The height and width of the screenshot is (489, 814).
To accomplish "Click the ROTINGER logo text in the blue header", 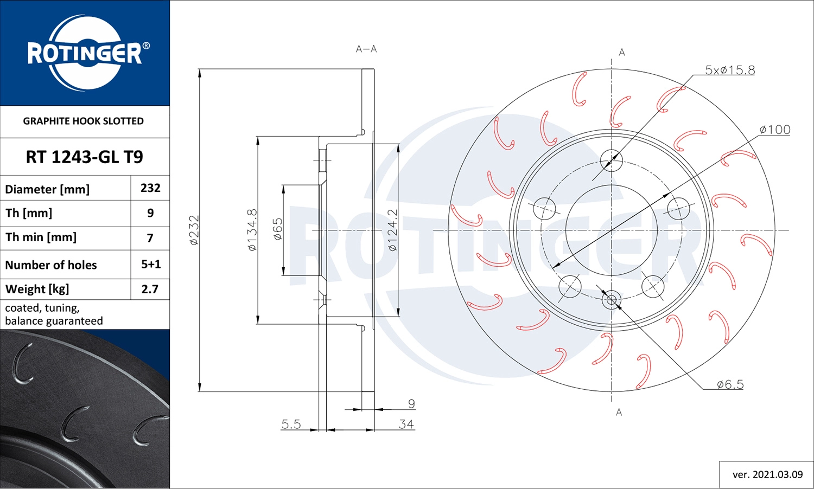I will (85, 54).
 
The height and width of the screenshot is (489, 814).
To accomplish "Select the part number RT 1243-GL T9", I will (85, 157).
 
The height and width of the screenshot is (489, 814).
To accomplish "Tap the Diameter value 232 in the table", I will (150, 188).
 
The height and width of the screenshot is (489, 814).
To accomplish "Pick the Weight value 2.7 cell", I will (150, 289).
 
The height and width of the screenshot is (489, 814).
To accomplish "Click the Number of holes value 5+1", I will (151, 265).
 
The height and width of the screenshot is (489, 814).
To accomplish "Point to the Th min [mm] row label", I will (41, 237).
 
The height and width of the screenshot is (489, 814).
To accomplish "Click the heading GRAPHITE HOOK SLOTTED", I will (84, 121).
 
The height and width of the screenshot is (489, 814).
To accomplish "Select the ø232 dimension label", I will (194, 230).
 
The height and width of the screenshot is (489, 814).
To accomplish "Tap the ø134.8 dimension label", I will (252, 230).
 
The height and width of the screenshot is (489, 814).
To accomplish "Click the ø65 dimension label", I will (277, 229).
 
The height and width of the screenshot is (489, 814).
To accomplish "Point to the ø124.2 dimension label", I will (392, 230).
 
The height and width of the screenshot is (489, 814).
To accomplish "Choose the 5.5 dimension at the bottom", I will (291, 424).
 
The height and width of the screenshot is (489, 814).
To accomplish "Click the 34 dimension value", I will (406, 424).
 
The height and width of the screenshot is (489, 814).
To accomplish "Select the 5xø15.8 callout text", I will (729, 70).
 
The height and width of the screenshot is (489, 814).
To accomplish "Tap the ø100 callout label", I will (774, 130).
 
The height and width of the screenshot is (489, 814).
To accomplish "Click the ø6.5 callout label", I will (730, 384).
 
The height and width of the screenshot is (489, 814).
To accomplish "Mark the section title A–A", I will (366, 49).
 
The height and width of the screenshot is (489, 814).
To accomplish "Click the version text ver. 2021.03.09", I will (767, 474).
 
